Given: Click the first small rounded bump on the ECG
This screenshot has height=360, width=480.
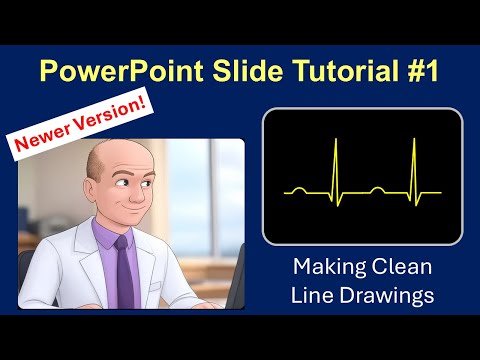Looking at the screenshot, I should click(297, 187).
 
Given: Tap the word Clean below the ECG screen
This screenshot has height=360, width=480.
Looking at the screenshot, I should click(399, 269).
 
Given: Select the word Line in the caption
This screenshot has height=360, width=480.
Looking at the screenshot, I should click(313, 296).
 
